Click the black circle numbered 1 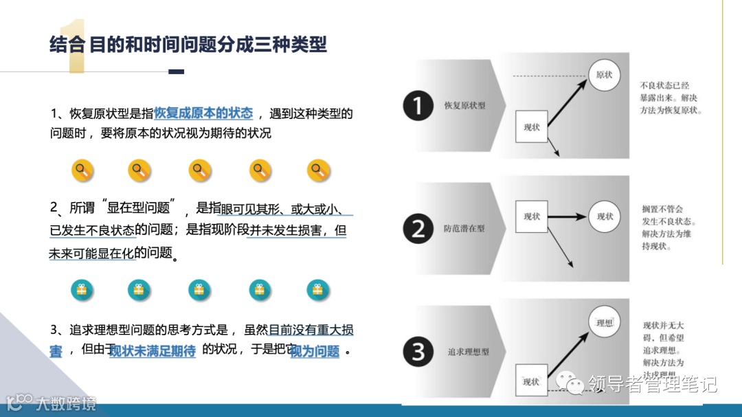pyautogui.click(x=418, y=106)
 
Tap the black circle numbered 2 pyautogui.click(x=418, y=228)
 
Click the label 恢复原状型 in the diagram pyautogui.click(x=464, y=106)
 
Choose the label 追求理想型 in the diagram pyautogui.click(x=468, y=352)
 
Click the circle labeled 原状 pyautogui.click(x=604, y=75)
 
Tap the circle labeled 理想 pyautogui.click(x=605, y=322)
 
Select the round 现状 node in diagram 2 pyautogui.click(x=605, y=216)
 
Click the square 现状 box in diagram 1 pyautogui.click(x=532, y=127)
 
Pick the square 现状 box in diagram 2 pyautogui.click(x=532, y=216)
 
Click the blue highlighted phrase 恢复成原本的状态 pyautogui.click(x=203, y=113)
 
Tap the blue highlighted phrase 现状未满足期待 pyautogui.click(x=153, y=351)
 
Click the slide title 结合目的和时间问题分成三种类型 pyautogui.click(x=188, y=45)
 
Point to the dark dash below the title pyautogui.click(x=177, y=71)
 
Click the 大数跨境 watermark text pyautogui.click(x=66, y=403)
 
